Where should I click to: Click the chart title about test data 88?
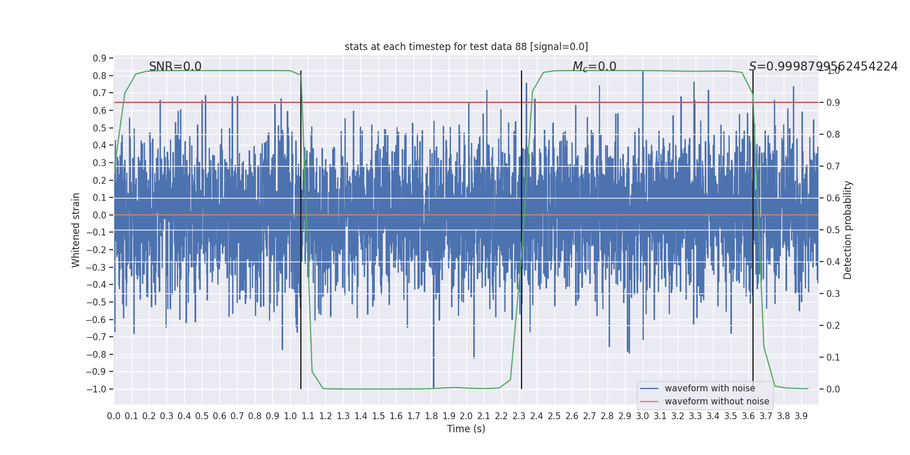466,47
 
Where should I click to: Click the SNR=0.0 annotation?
175,67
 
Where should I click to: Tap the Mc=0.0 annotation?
594,67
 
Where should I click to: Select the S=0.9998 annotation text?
823,67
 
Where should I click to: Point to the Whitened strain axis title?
76,230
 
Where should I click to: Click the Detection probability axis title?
848,230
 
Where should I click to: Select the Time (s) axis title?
466,429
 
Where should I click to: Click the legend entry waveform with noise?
709,388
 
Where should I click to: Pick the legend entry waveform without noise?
717,402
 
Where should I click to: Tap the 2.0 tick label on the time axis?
466,416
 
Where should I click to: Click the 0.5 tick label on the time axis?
202,416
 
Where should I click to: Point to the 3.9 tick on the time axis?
801,416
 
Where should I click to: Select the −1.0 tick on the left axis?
96,389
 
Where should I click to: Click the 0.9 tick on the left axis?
100,59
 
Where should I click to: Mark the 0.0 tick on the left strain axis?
100,215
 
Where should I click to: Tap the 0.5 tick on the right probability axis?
833,230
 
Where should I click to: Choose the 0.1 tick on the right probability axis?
833,357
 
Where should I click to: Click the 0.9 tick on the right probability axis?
833,102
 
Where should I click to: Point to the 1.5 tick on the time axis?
378,416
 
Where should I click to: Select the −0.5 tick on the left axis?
96,302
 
